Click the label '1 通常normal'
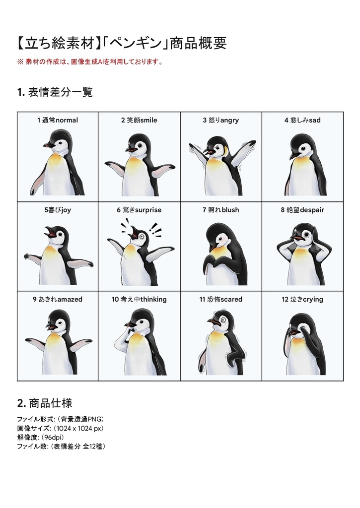coord(58,120)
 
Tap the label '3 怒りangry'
coord(220,120)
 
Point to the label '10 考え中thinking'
coord(139,299)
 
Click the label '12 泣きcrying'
coord(302,299)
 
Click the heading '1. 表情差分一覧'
coord(55,92)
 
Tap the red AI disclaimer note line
coord(90,62)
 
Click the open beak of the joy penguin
coord(49,232)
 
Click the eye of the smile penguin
coord(142,145)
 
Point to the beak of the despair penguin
coord(296,237)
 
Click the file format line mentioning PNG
coord(60,419)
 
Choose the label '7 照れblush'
coord(220,210)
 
